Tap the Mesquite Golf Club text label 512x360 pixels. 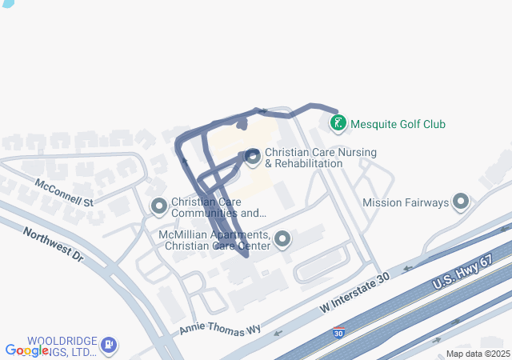tap(398, 124)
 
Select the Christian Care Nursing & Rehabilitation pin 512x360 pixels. tap(253, 158)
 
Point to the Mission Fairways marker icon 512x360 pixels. tap(461, 202)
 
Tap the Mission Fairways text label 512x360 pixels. tap(406, 202)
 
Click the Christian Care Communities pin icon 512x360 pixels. tap(159, 207)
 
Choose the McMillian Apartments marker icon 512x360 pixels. tap(282, 239)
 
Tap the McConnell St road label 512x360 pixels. tap(65, 192)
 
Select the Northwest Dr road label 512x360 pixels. tap(53, 245)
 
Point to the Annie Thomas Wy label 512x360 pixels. tap(220, 329)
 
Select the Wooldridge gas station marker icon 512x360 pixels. tap(109, 346)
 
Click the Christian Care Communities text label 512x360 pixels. tap(218, 207)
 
